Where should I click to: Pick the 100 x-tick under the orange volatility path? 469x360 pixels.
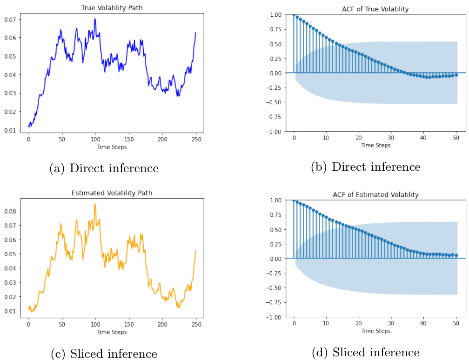click(95, 324)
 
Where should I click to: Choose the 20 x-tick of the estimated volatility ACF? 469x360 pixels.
click(358, 324)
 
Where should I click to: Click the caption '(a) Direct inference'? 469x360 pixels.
click(104, 168)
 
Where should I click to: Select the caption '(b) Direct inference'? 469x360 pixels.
click(366, 167)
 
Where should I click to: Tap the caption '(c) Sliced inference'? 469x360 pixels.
click(104, 353)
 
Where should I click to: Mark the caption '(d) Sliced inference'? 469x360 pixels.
click(366, 352)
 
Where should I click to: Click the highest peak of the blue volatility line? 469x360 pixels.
click(95, 19)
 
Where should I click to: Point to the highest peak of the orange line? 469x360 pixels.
click(95, 204)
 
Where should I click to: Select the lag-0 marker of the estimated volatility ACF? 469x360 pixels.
click(294, 200)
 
